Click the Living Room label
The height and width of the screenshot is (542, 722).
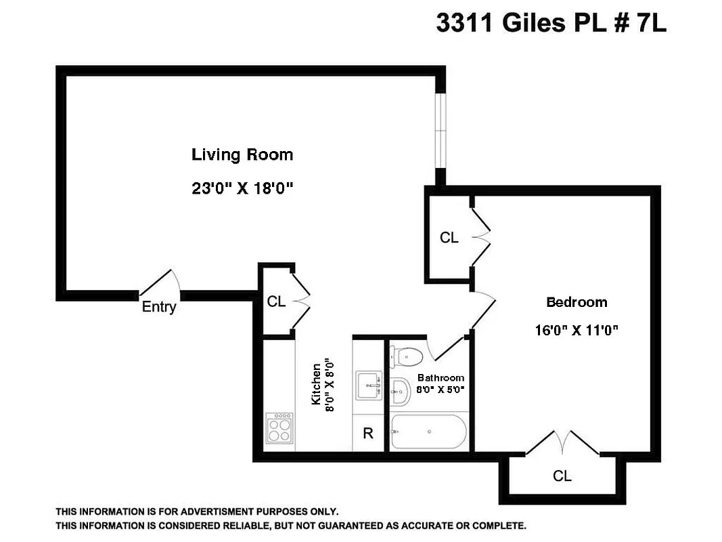(x=242, y=154)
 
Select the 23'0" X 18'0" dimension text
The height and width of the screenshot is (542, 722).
(x=242, y=189)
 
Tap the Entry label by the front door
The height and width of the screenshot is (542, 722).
(x=159, y=307)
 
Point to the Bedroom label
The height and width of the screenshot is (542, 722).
(x=577, y=302)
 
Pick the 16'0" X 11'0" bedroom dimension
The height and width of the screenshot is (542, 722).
(x=577, y=331)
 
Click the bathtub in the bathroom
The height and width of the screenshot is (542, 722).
(x=428, y=432)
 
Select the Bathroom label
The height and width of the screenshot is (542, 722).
(x=441, y=377)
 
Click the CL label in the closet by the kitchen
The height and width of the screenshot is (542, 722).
(x=276, y=302)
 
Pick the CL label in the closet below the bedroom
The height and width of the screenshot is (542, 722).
(x=562, y=476)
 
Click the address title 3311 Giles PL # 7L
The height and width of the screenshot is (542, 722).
(x=551, y=24)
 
